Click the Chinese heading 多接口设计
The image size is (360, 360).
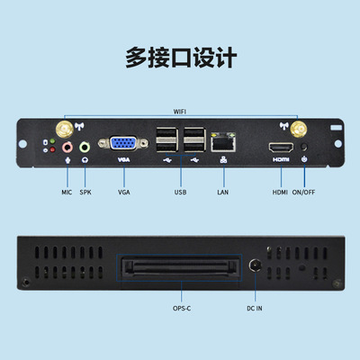pos(179,58)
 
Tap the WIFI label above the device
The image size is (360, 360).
pos(180,112)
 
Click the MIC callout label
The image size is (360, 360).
pos(66,192)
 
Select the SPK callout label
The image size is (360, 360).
pos(86,192)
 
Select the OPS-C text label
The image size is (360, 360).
pos(180,309)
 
